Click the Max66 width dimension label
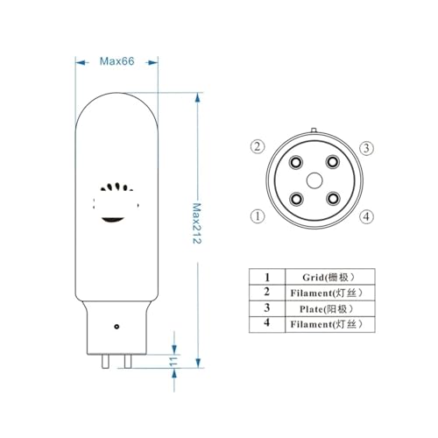coord(116,61)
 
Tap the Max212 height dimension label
coord(197,224)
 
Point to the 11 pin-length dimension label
coord(173,360)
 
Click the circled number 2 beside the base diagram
coord(257,146)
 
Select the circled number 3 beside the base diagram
coord(366,147)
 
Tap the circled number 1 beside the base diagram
coord(257,215)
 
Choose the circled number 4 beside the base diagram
coord(366,215)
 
